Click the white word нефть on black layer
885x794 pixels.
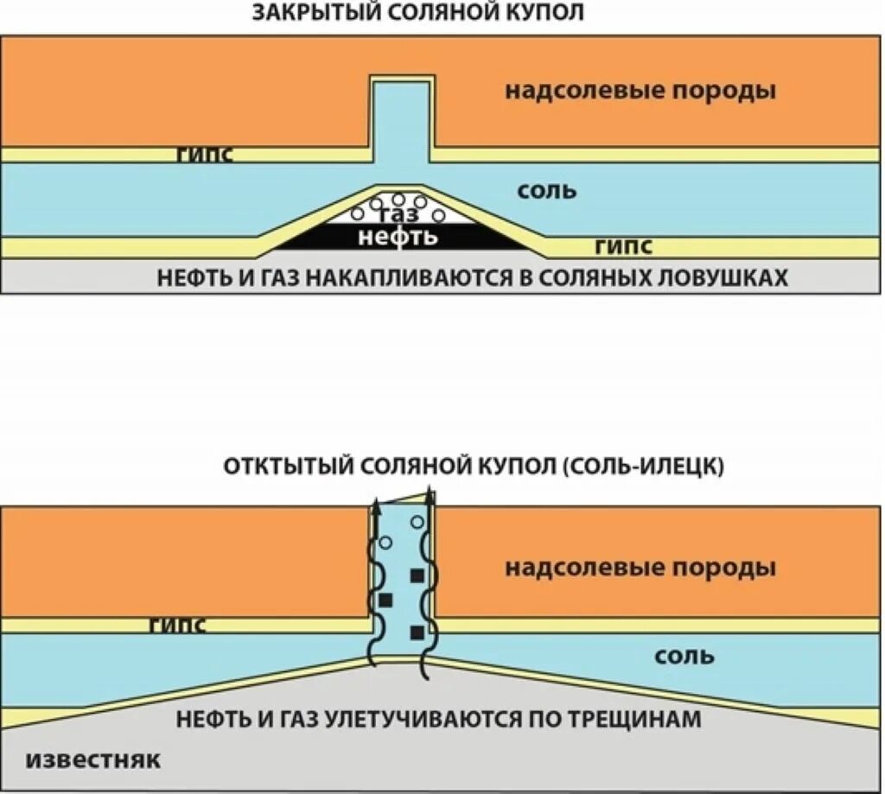coord(398,236)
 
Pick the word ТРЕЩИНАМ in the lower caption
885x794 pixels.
coord(628,719)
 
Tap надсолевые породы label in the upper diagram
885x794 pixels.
coord(640,91)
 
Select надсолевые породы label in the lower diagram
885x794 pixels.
coord(640,568)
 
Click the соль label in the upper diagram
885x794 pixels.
coord(546,190)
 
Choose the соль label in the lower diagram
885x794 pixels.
coord(684,656)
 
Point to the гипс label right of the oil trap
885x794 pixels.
coord(623,247)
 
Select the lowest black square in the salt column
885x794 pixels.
coord(417,632)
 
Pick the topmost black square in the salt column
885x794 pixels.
coord(417,575)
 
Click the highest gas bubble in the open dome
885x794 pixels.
coord(417,523)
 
